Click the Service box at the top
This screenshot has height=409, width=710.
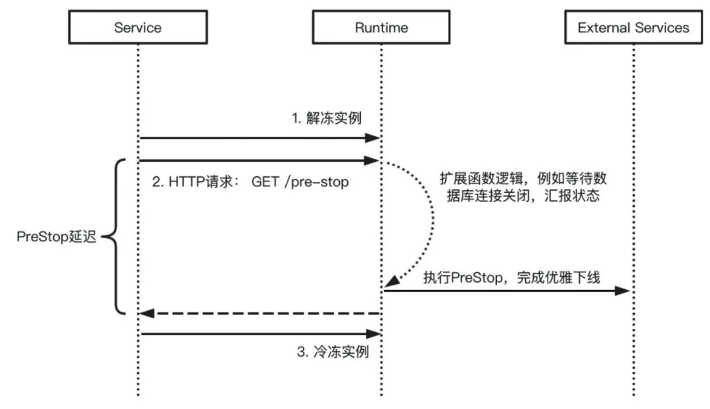coord(137,28)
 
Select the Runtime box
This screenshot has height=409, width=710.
coord(381,28)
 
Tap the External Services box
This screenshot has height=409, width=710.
coord(633,28)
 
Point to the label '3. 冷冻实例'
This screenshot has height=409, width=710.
coord(333,352)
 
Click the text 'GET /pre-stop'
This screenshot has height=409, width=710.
coord(300,182)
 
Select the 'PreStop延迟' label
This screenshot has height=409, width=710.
coord(57,237)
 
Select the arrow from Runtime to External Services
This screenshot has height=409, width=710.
coord(506,291)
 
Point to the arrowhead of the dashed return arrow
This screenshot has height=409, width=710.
coord(147,314)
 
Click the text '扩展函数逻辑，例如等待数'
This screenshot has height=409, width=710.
coord(527,179)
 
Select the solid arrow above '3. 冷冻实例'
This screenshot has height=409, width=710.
coord(260,335)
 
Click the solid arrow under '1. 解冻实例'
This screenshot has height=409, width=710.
coord(260,138)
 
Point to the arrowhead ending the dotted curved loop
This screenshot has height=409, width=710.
coord(392,281)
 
